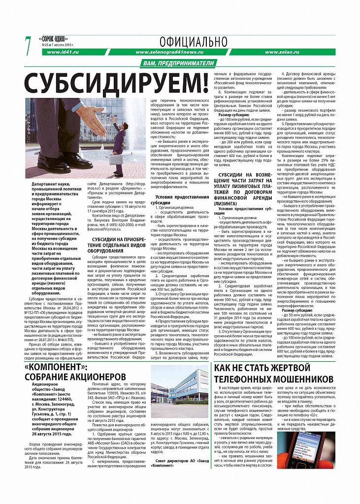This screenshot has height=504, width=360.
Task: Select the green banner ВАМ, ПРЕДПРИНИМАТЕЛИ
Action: pos(180,63)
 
